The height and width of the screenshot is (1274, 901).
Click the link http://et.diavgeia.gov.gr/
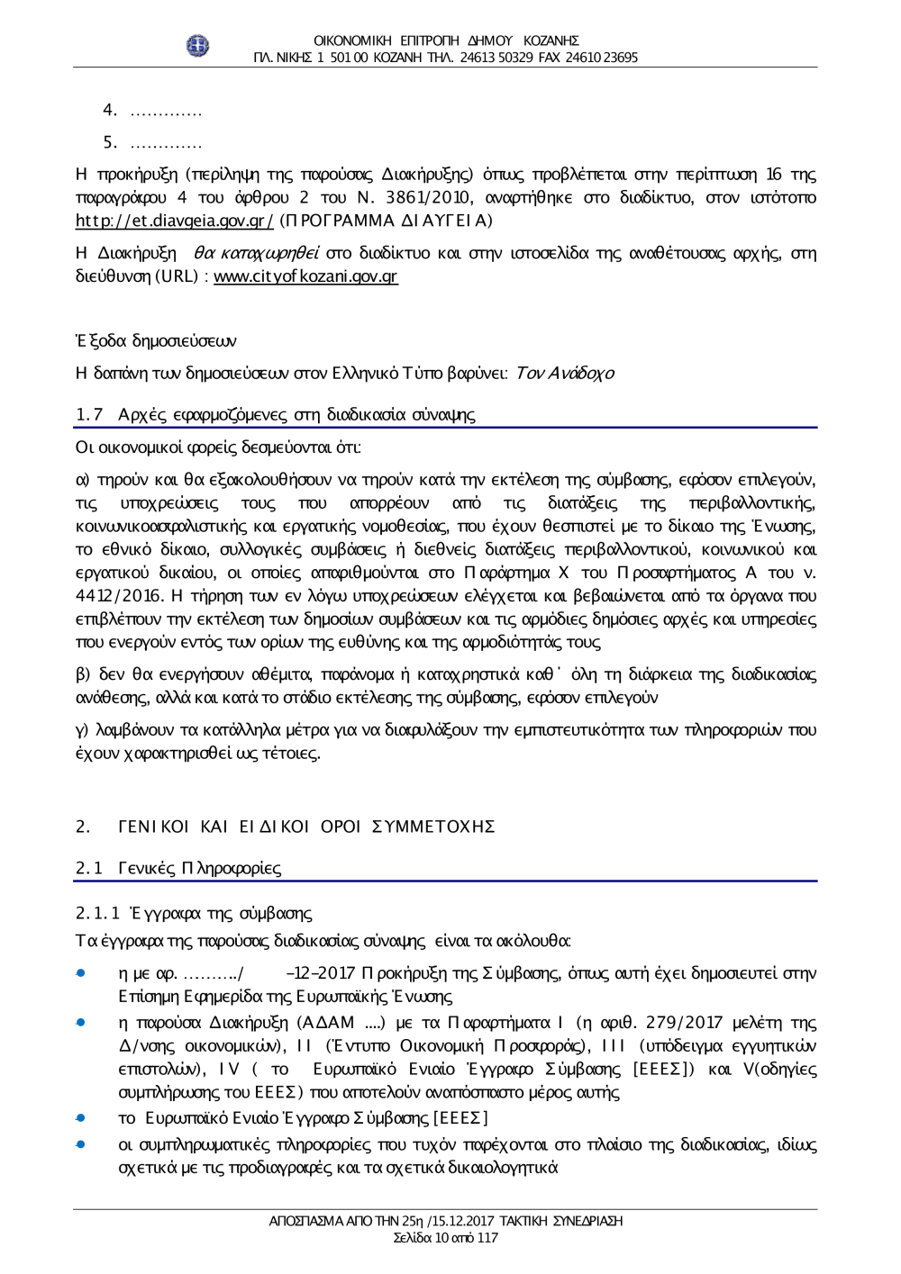tap(174, 221)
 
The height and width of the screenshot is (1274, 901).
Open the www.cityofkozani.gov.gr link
tap(305, 277)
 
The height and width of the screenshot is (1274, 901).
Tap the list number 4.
tap(111, 111)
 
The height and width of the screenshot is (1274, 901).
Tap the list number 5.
tap(111, 142)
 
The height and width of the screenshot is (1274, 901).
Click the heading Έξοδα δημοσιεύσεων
tap(156, 340)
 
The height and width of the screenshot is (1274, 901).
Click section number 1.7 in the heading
tap(88, 414)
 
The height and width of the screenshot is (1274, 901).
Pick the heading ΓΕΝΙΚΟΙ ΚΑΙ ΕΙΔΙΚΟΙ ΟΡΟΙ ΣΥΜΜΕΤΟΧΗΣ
tap(306, 827)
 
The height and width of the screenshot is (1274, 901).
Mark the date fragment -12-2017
tap(319, 973)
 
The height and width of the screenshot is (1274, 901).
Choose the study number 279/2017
tap(668, 1023)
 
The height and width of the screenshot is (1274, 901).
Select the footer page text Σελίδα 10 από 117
tap(446, 1238)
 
